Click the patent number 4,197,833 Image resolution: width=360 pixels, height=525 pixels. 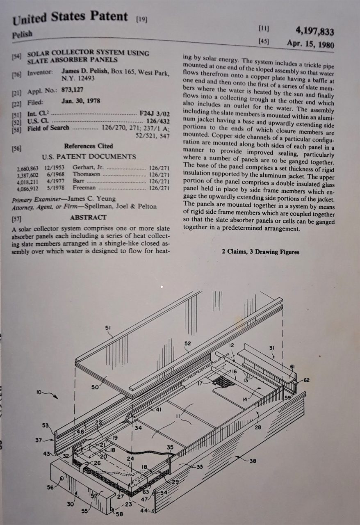pos(314,31)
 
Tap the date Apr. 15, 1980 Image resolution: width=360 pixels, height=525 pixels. pos(310,44)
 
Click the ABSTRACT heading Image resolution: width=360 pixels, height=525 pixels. pos(88,218)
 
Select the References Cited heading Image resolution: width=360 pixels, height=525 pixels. pos(88,146)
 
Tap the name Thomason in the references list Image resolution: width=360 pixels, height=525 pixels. pos(86,174)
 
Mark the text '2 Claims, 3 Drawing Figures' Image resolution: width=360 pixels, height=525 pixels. pos(260,252)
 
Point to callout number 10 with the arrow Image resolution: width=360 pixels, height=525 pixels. pos(40,393)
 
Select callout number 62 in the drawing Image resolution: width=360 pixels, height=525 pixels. pos(306,380)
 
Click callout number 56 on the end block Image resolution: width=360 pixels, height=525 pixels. pos(50,487)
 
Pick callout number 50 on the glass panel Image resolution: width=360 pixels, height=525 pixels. pos(95,387)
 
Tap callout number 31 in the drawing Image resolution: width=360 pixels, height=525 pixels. pos(271,348)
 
